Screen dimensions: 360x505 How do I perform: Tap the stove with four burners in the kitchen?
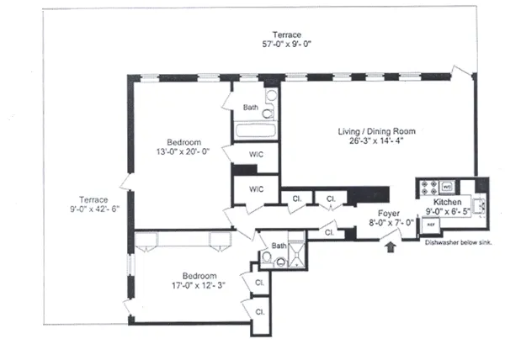(x=428, y=188)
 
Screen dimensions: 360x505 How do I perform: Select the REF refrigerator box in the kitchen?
(x=429, y=225)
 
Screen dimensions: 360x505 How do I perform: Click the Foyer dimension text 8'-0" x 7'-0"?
(x=391, y=223)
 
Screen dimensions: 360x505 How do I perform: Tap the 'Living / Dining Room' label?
(x=377, y=132)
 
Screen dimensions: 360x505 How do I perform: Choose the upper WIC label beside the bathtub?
(x=257, y=155)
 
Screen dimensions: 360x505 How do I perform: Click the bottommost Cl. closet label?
(x=259, y=311)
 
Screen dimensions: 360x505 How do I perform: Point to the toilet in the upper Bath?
(x=268, y=114)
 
